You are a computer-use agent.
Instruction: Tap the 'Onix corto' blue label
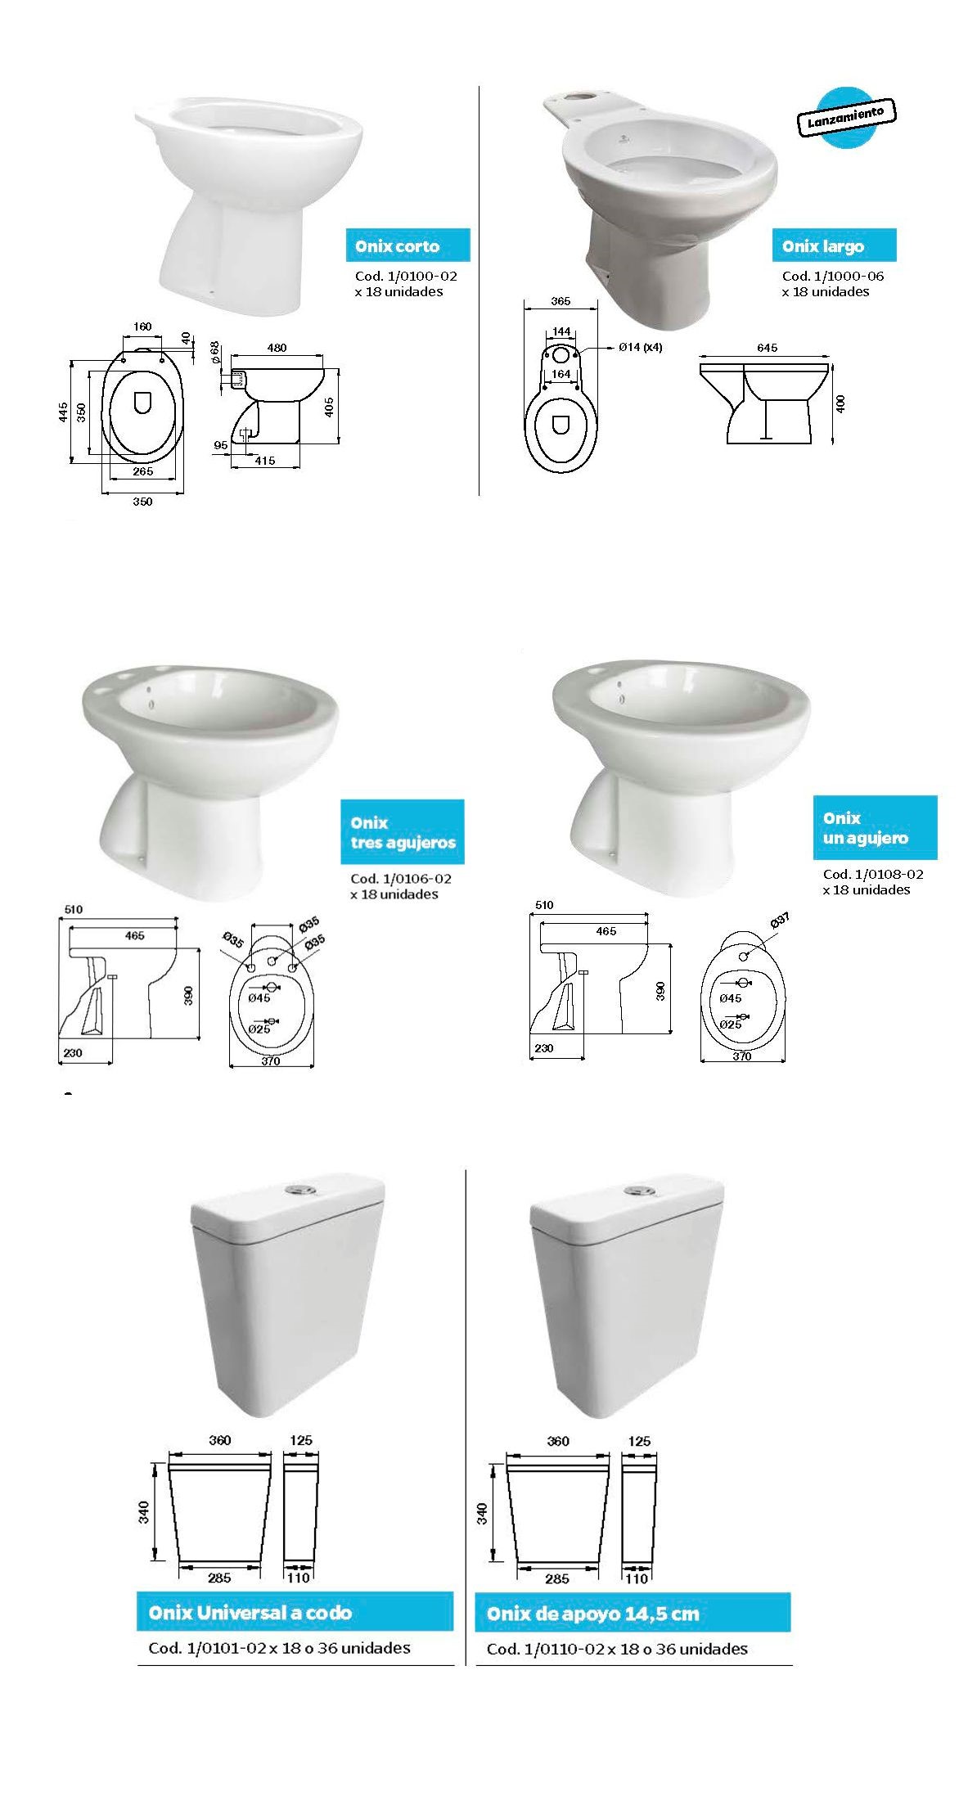pyautogui.click(x=407, y=245)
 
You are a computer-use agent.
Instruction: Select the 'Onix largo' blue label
pyautogui.click(x=834, y=245)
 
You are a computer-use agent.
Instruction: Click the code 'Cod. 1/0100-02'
pyautogui.click(x=406, y=276)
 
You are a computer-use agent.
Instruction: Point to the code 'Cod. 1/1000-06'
pyautogui.click(x=833, y=276)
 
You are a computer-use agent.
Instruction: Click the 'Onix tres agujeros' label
pyautogui.click(x=403, y=832)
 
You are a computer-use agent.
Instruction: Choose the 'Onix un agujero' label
pyautogui.click(x=875, y=827)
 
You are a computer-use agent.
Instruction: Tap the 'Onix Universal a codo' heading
pyautogui.click(x=295, y=1612)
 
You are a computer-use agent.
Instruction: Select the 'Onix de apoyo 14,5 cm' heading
pyautogui.click(x=633, y=1613)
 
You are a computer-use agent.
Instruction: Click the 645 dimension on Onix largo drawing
pyautogui.click(x=767, y=348)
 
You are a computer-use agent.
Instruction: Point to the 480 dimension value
pyautogui.click(x=277, y=348)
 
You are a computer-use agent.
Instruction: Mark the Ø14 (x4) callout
pyautogui.click(x=640, y=347)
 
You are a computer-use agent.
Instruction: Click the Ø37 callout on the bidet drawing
pyautogui.click(x=780, y=921)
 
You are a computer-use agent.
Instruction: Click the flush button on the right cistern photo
pyautogui.click(x=638, y=1191)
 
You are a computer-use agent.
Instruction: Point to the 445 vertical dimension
pyautogui.click(x=63, y=412)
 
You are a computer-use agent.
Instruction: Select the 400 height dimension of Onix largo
pyautogui.click(x=841, y=403)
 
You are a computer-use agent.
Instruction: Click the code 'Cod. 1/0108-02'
pyautogui.click(x=873, y=874)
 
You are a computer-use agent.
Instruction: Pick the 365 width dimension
pyautogui.click(x=561, y=301)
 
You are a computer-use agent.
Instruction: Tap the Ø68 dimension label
pyautogui.click(x=214, y=353)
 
